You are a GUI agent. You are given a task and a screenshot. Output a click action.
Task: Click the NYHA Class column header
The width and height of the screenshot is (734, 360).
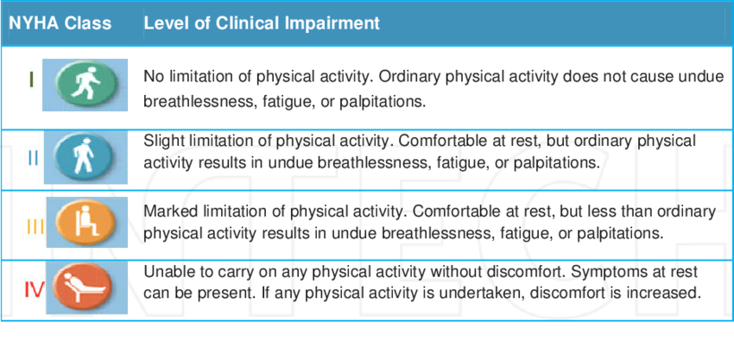[x=60, y=23]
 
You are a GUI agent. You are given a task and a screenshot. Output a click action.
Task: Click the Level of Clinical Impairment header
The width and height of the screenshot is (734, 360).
[x=262, y=23]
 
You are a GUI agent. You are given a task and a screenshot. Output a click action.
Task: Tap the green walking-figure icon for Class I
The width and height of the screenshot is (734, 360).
[x=85, y=85]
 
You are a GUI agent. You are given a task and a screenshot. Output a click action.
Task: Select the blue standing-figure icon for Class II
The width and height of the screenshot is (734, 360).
[x=85, y=157]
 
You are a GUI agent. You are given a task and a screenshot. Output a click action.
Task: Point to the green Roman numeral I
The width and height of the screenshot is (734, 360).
[x=31, y=79]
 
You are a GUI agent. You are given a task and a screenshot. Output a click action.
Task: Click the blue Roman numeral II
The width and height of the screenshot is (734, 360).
[x=33, y=159]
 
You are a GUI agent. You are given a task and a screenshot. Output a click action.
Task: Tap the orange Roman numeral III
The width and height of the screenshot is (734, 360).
[x=35, y=226]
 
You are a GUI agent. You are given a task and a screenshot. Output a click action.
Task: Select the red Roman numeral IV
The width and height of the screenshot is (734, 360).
[x=34, y=290]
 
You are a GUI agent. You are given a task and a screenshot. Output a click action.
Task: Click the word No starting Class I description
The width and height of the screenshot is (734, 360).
[x=152, y=76]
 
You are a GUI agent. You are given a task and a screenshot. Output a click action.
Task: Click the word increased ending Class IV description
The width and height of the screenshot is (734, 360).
[x=665, y=294]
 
